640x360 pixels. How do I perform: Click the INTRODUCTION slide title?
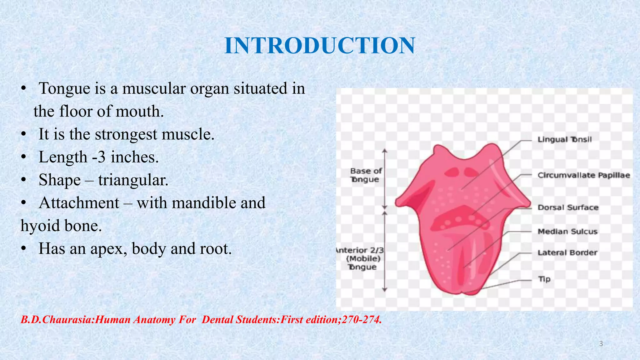tap(320, 46)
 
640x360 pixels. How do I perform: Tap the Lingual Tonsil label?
tap(564, 139)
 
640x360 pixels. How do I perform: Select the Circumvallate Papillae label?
tap(583, 175)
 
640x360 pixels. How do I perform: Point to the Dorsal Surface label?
tap(568, 207)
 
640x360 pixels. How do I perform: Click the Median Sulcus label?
tap(567, 232)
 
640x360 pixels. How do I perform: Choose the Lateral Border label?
tap(567, 252)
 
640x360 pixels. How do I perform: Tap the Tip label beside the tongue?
tap(544, 279)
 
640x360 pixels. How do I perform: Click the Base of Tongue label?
tap(366, 175)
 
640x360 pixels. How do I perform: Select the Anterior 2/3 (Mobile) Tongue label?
tap(361, 258)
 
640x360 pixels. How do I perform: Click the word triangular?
tap(133, 180)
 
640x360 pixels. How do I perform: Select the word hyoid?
tap(38, 226)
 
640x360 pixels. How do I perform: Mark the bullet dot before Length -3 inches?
tap(23, 157)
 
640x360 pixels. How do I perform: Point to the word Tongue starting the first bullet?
tap(64, 89)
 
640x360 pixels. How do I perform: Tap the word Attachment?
tap(79, 203)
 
